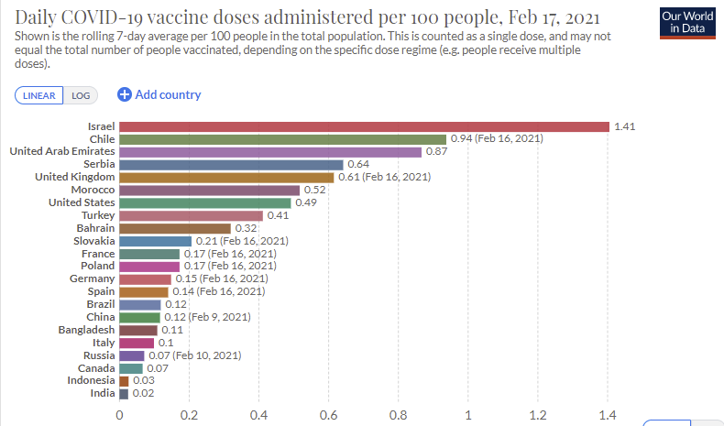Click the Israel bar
pyautogui.click(x=364, y=126)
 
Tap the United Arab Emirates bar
pyautogui.click(x=270, y=152)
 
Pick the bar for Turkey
pyautogui.click(x=191, y=215)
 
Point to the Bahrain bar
pyautogui.click(x=175, y=228)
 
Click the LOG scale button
pyautogui.click(x=81, y=95)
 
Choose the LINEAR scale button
pyautogui.click(x=38, y=95)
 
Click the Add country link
pyautogui.click(x=159, y=94)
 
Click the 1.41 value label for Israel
pyautogui.click(x=624, y=126)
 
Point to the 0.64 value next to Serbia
pyautogui.click(x=357, y=165)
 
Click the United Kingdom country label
pyautogui.click(x=74, y=177)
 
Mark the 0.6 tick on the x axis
pyautogui.click(x=329, y=413)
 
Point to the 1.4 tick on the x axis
pyautogui.click(x=608, y=413)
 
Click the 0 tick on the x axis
pyautogui.click(x=120, y=413)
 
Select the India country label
pyautogui.click(x=103, y=393)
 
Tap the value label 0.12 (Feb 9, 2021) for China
pyautogui.click(x=206, y=317)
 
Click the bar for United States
pyautogui.click(x=204, y=202)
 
